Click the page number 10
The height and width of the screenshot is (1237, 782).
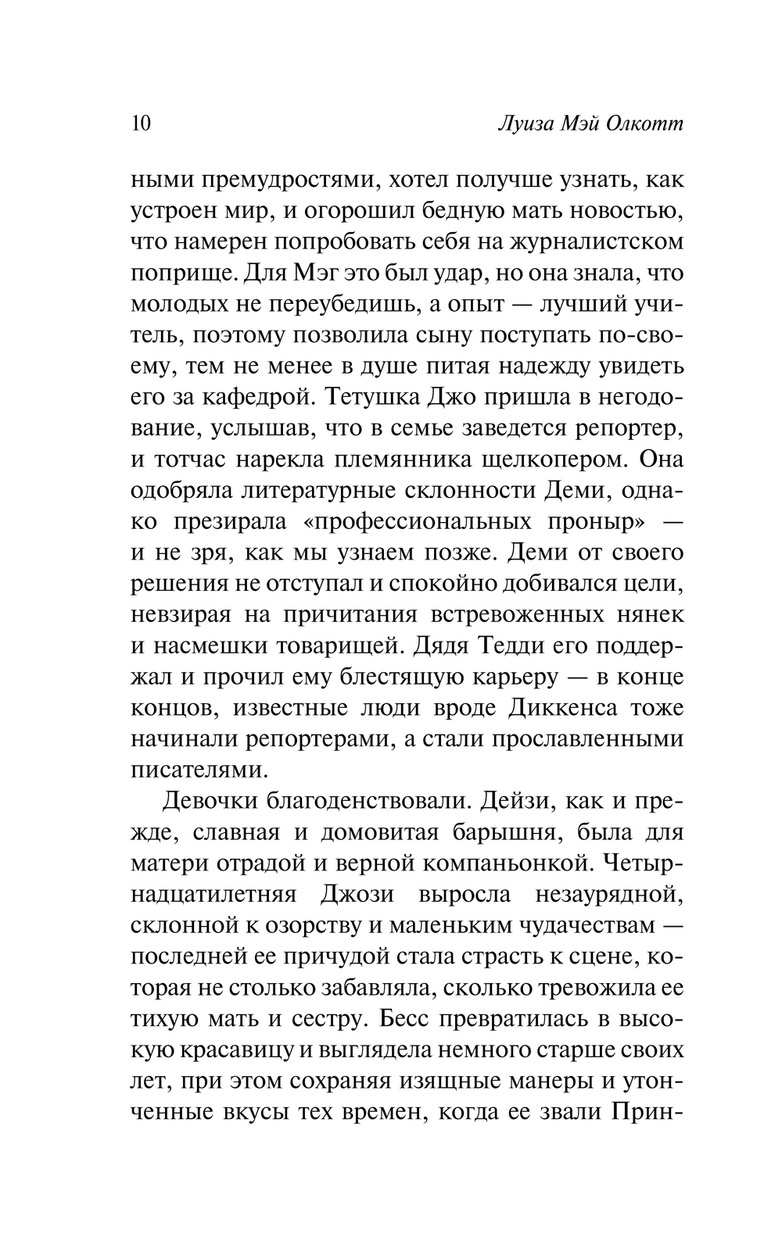click(141, 124)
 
